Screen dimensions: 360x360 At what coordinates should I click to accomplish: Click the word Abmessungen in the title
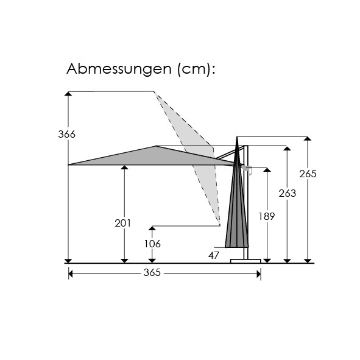(x=119, y=69)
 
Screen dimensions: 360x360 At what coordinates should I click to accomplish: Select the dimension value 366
(x=66, y=134)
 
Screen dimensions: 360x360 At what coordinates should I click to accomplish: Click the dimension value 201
(x=123, y=223)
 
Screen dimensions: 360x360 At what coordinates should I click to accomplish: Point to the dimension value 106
(x=152, y=244)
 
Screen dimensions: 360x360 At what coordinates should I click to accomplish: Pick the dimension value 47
(x=214, y=255)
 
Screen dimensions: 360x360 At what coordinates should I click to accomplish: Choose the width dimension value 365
(x=152, y=273)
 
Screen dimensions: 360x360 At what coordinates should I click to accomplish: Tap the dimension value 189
(x=267, y=216)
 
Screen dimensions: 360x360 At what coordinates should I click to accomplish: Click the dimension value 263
(x=288, y=193)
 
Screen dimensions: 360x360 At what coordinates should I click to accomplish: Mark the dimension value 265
(x=308, y=174)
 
